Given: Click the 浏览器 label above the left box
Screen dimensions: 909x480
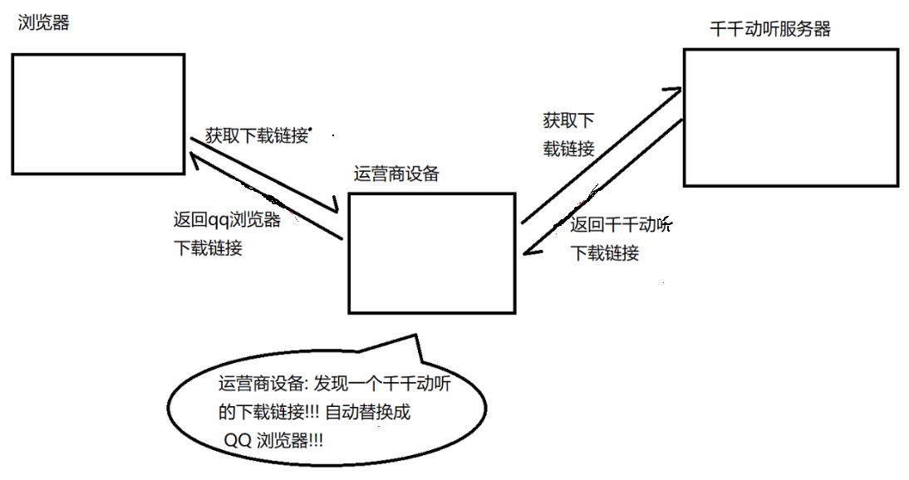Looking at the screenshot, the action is point(43,22).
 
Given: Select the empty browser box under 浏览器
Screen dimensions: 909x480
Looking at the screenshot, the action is point(97,114).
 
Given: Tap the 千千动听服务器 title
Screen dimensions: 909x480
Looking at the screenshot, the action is point(770,28).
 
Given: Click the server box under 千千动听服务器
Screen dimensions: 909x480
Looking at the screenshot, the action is point(790,117).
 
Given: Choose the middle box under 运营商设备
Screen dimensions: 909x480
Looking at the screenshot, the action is point(432,252).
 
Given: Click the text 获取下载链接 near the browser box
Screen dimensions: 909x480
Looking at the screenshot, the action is point(257,135).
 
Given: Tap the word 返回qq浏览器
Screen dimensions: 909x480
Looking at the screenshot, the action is point(227,221).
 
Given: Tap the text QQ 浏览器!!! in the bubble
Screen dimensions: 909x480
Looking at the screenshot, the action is point(274,439).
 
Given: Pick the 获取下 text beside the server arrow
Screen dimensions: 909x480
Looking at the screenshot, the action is point(568,121).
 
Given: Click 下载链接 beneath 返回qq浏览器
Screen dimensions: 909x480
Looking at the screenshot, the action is point(208,247).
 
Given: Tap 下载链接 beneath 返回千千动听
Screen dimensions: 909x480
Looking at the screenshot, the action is point(605,253).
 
